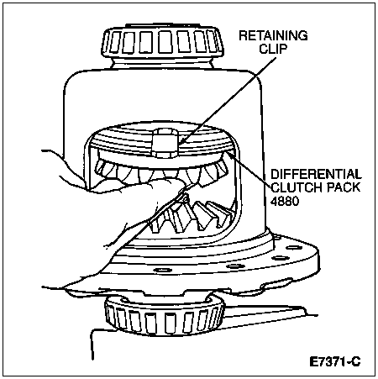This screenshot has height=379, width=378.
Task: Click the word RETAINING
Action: [273, 35]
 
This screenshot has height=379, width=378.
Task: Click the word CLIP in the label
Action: [273, 49]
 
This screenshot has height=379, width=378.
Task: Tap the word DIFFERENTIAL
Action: [316, 174]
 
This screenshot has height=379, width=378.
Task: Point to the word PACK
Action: [344, 187]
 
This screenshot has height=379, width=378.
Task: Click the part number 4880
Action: [285, 201]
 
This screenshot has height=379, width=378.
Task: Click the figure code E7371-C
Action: [335, 361]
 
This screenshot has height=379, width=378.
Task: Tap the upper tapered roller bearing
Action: [162, 42]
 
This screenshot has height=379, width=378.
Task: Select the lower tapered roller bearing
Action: [165, 316]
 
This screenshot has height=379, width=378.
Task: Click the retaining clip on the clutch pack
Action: [167, 143]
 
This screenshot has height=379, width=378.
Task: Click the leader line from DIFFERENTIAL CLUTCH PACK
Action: [249, 171]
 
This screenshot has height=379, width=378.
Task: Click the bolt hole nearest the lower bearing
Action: [163, 271]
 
